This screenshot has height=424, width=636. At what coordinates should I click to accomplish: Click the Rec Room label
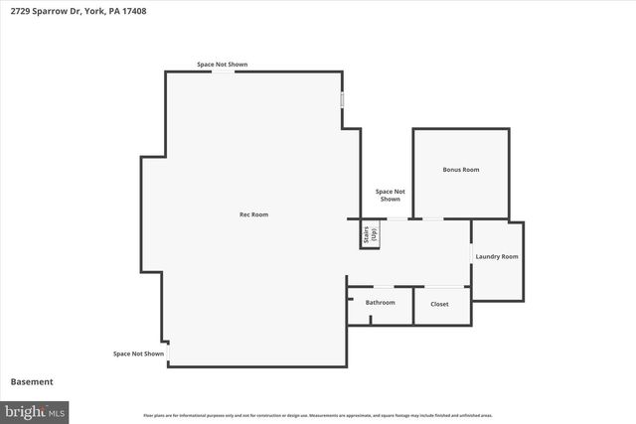[x=253, y=214]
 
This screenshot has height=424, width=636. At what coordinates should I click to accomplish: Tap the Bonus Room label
[x=460, y=170]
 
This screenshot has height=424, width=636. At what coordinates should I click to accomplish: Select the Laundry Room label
[x=496, y=257]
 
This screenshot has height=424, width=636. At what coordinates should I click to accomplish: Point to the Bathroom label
[x=380, y=303]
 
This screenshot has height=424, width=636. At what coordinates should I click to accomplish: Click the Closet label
[x=439, y=304]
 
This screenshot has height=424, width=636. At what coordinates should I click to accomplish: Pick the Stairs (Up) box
[x=370, y=235]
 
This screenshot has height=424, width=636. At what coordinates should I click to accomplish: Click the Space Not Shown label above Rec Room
[x=222, y=65]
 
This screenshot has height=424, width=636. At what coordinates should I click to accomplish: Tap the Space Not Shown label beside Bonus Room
[x=390, y=195]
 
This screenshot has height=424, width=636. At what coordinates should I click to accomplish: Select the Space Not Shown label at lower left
[x=138, y=353]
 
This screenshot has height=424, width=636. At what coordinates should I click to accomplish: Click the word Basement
[x=32, y=381]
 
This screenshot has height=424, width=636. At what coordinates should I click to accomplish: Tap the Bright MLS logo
[x=35, y=410]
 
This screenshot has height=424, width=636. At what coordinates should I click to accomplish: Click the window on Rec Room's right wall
[x=343, y=100]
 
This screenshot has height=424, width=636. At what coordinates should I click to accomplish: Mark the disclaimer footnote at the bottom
[x=318, y=415]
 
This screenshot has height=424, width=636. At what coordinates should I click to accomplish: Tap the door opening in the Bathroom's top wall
[x=384, y=287]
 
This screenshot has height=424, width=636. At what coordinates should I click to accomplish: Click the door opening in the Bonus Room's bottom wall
[x=433, y=218]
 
